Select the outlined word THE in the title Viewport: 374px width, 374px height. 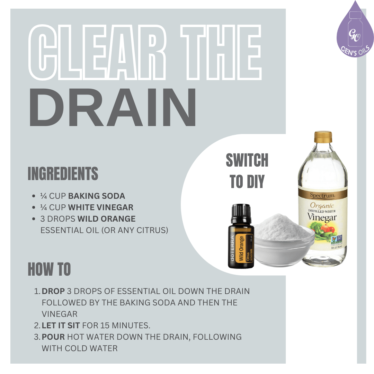[222, 53]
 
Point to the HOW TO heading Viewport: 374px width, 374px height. [49, 269]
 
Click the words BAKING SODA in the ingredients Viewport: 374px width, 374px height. [96, 196]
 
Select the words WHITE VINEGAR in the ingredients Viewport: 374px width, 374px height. [100, 207]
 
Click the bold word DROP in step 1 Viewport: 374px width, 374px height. [53, 291]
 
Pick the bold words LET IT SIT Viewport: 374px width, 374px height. [61, 325]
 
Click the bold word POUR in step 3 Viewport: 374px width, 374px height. [54, 337]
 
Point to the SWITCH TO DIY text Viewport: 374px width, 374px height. [247, 171]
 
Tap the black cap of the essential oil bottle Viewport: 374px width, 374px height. [240, 213]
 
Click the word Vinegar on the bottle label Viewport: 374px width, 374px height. [322, 218]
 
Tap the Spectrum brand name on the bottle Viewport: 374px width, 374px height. [322, 196]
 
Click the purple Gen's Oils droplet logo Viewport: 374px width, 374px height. [355, 33]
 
